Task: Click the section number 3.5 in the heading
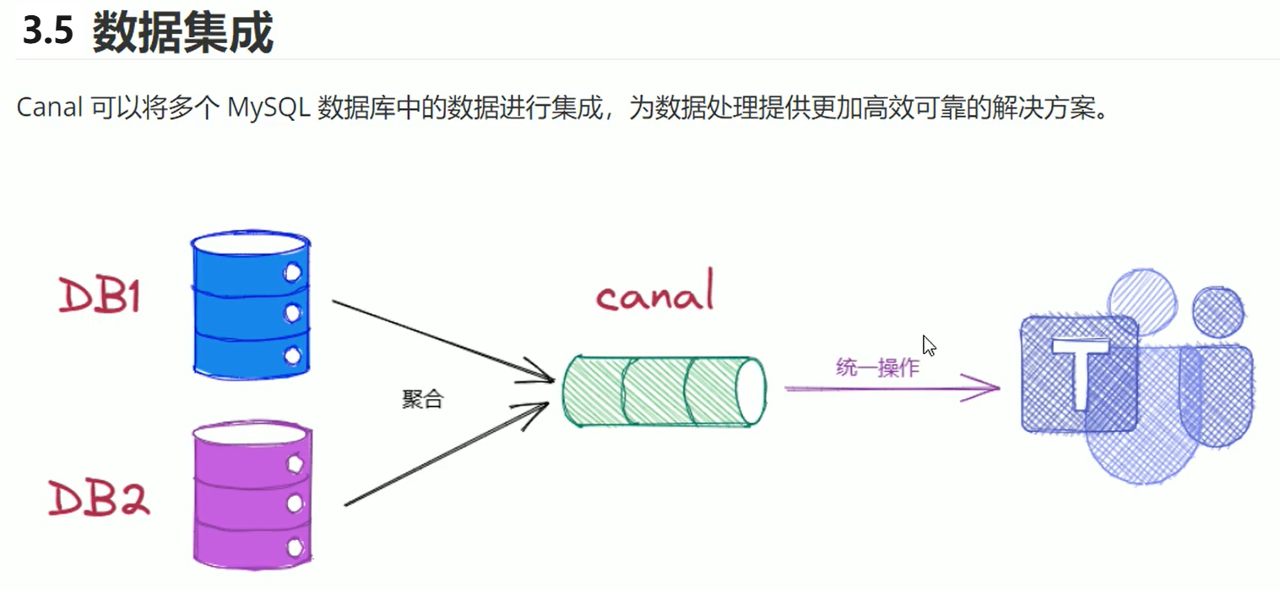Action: pyautogui.click(x=48, y=30)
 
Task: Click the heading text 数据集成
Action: pyautogui.click(x=183, y=33)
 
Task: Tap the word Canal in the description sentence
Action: pyautogui.click(x=50, y=107)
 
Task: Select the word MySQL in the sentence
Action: pyautogui.click(x=268, y=107)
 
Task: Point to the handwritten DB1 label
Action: pyautogui.click(x=100, y=295)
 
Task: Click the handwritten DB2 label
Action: pyautogui.click(x=99, y=498)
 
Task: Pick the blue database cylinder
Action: pyautogui.click(x=251, y=304)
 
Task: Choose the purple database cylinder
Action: pyautogui.click(x=252, y=495)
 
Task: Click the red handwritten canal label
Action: pyautogui.click(x=655, y=292)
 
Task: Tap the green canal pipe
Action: pyautogui.click(x=664, y=391)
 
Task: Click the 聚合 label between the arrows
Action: pyautogui.click(x=422, y=399)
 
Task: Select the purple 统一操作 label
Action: pyautogui.click(x=877, y=367)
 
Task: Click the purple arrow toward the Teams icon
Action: pyautogui.click(x=892, y=388)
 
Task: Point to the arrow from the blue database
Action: pyautogui.click(x=443, y=341)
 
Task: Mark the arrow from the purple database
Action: pyautogui.click(x=447, y=455)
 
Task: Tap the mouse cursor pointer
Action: pyautogui.click(x=929, y=346)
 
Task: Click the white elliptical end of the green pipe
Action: pyautogui.click(x=751, y=391)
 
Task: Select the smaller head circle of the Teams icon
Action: pyautogui.click(x=1218, y=312)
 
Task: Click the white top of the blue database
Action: pyautogui.click(x=250, y=243)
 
